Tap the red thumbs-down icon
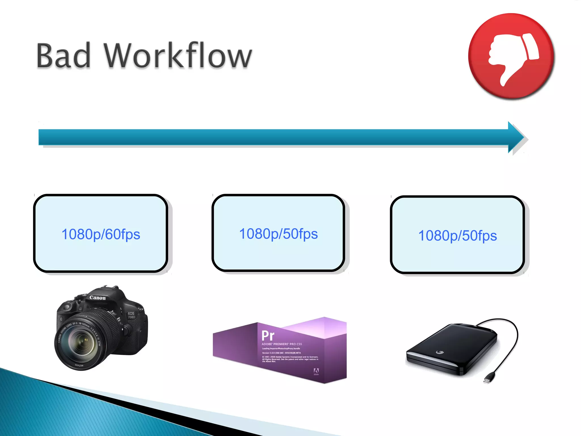(511, 56)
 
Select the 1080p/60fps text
(101, 234)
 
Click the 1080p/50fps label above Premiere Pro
(278, 234)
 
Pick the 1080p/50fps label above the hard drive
(457, 236)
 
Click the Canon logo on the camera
(97, 298)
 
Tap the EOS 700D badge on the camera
(131, 315)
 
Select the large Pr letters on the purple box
(268, 336)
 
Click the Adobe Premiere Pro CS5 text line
(282, 344)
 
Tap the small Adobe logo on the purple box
(316, 371)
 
